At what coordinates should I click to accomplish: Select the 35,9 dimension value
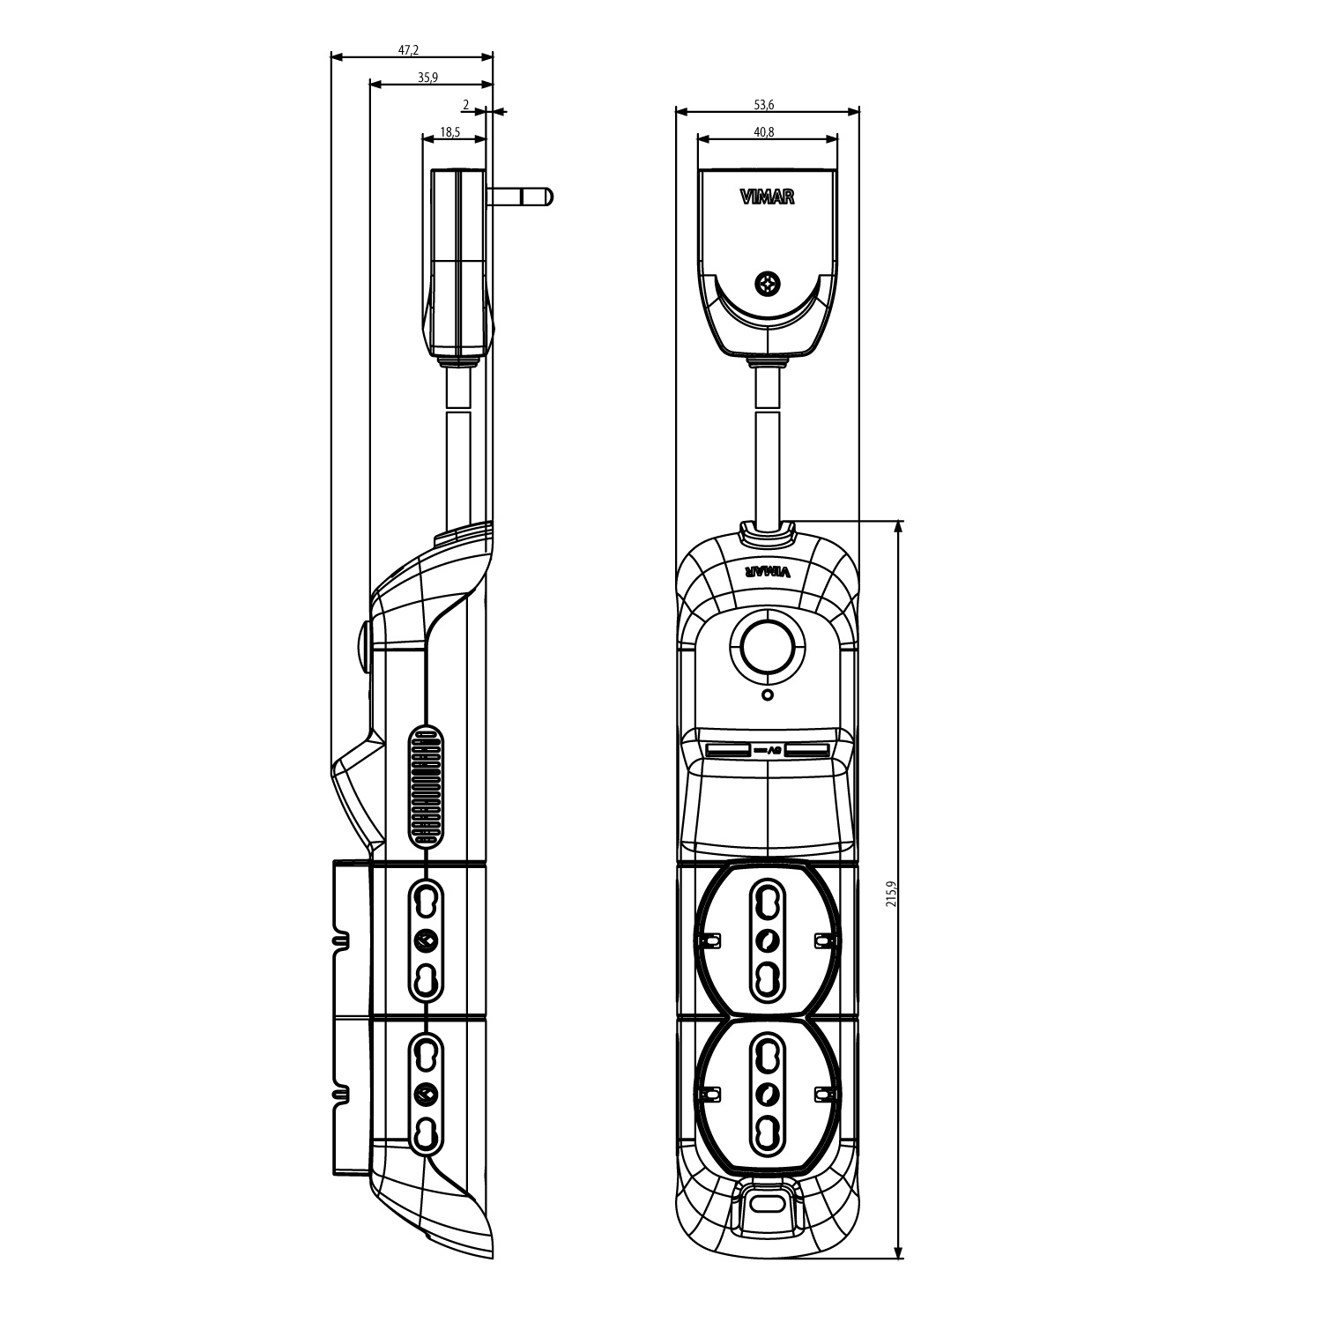[x=427, y=78]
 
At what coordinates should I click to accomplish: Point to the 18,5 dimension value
[x=449, y=132]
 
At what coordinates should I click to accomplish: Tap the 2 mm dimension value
[x=465, y=105]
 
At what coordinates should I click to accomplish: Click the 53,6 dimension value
[x=764, y=105]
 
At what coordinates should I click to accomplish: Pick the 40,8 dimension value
[x=764, y=132]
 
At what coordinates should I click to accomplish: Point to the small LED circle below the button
[x=767, y=695]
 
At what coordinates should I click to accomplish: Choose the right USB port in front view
[x=808, y=750]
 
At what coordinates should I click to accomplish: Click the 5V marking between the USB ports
[x=768, y=750]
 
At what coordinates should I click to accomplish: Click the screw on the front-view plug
[x=768, y=284]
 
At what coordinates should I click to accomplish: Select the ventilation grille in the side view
[x=425, y=786]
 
